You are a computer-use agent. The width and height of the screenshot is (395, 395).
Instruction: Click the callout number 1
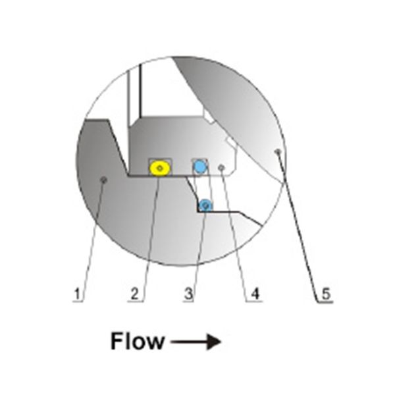[78, 294]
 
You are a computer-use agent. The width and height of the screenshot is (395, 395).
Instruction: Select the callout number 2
[135, 294]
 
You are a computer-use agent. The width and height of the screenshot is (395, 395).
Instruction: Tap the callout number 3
[188, 294]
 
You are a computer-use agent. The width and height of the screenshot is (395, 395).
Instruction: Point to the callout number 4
[255, 294]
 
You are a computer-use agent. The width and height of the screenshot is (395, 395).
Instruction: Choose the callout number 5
[326, 294]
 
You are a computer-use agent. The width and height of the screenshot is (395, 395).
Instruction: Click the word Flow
[138, 341]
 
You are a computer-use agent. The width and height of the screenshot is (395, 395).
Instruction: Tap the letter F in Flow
[117, 341]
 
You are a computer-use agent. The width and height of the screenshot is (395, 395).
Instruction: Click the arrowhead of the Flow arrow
[213, 342]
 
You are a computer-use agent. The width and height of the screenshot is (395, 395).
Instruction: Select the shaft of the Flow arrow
[188, 342]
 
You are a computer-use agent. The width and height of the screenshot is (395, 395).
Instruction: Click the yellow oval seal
[160, 168]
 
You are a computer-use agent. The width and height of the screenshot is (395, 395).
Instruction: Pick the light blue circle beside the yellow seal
[200, 167]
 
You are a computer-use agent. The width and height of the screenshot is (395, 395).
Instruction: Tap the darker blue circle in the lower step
[206, 205]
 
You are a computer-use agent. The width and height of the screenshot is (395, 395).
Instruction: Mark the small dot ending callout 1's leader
[104, 180]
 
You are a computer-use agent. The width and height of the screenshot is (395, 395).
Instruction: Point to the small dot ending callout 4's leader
[221, 167]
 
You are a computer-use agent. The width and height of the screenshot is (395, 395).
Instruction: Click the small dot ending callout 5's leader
[278, 151]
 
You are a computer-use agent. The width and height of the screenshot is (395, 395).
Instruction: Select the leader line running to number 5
[298, 226]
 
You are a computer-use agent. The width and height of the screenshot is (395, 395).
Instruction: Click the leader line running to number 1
[93, 240]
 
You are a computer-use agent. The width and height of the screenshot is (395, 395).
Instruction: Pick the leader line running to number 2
[151, 234]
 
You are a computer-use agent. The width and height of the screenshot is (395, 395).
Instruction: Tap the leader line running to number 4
[234, 234]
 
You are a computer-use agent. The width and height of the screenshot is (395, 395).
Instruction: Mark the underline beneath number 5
[325, 302]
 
